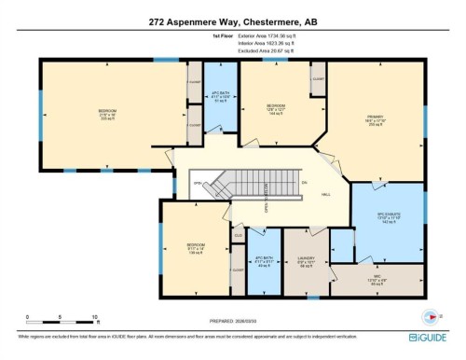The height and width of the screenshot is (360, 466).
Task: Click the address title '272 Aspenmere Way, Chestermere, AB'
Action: click(233, 18)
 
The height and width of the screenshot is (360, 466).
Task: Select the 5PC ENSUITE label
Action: click(389, 221)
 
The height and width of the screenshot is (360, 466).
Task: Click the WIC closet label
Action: click(377, 279)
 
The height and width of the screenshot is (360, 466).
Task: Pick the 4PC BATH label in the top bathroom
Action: click(221, 96)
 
